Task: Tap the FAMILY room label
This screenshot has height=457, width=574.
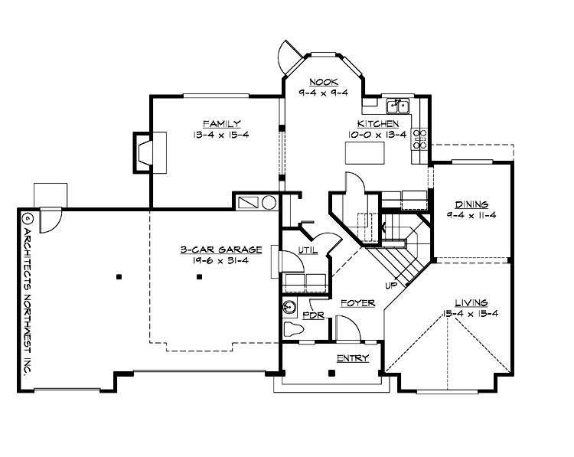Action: (222, 123)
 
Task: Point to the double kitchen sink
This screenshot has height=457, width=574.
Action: (398, 106)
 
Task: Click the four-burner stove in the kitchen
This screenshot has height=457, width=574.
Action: (420, 139)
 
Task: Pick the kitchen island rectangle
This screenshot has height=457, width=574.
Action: (365, 152)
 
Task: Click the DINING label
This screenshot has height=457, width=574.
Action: (471, 204)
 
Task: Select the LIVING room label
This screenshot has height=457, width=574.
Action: (471, 302)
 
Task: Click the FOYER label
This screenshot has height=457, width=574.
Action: (357, 303)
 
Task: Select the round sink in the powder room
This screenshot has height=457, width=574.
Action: (290, 308)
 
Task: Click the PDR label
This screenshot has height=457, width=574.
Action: (312, 315)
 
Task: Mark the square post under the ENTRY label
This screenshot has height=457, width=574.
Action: (331, 373)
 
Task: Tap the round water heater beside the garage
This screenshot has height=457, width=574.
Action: (269, 203)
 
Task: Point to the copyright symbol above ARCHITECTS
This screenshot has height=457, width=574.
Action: (26, 218)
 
